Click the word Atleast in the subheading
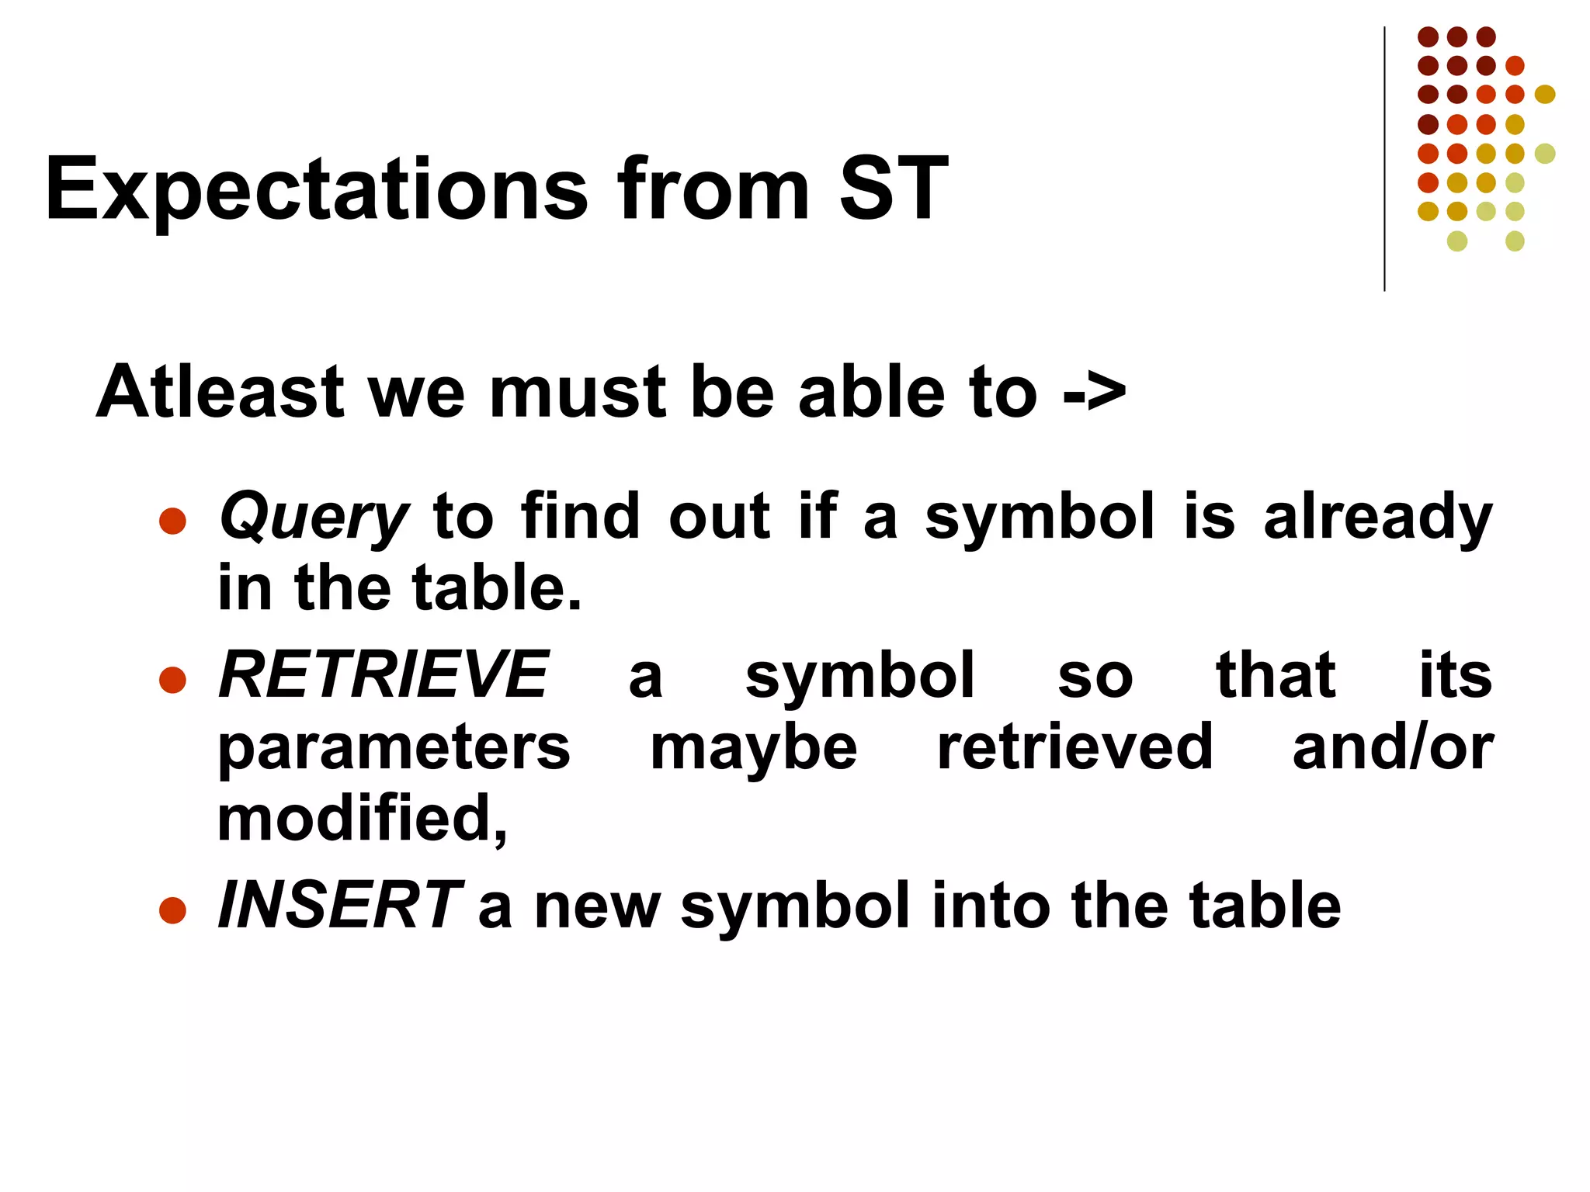pos(220,392)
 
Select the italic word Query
pos(313,518)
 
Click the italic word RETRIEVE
pos(384,675)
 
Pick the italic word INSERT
pos(340,906)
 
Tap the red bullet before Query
pos(172,521)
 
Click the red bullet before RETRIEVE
pos(172,679)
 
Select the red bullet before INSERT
pos(172,910)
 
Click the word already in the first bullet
pos(1378,518)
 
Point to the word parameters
pos(394,749)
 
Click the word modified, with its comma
pos(362,819)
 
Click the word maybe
pos(753,749)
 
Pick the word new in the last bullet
pos(596,907)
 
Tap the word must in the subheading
pos(578,392)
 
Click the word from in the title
pos(713,190)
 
